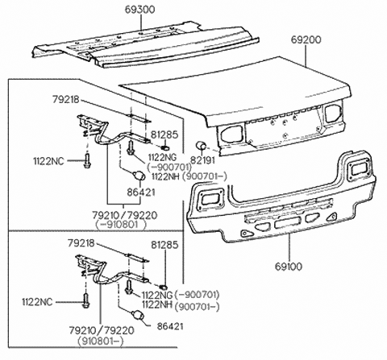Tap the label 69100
point(290,263)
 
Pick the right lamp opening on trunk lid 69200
point(331,114)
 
